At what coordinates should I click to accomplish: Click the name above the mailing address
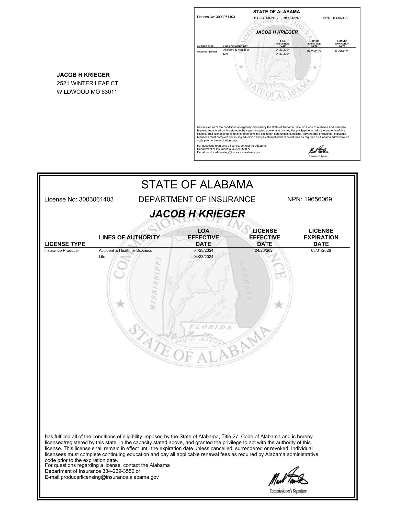[83, 75]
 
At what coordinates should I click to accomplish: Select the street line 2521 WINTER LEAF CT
[87, 83]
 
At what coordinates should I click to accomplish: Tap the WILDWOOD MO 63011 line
[87, 92]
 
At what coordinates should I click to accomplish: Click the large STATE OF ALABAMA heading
[197, 184]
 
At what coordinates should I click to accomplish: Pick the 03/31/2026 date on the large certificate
[321, 250]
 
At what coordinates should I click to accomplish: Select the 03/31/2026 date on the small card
[342, 51]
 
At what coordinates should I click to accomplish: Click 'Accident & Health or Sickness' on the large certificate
[125, 250]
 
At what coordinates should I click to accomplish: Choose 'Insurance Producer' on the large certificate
[62, 250]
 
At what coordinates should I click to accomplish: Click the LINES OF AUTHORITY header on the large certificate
[129, 237]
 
